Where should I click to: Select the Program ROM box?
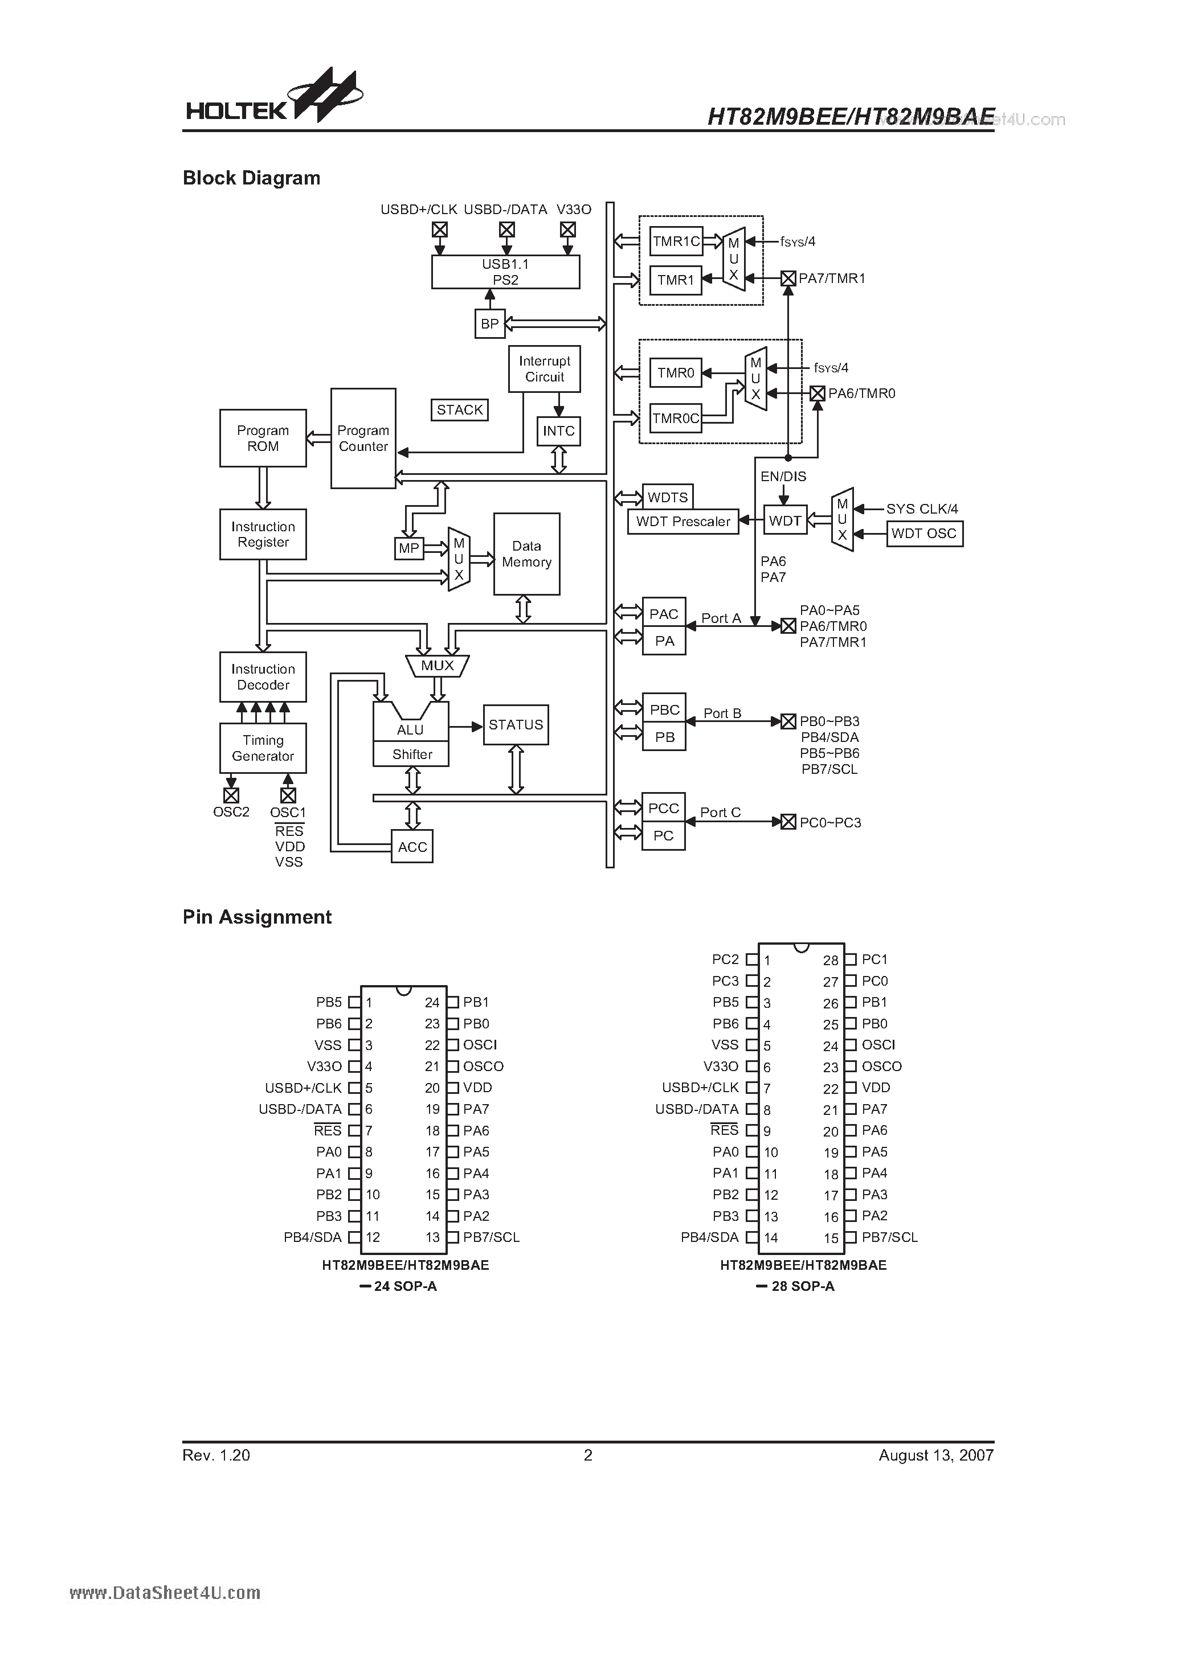263,438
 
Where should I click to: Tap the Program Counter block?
363,438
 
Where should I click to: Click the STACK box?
459,410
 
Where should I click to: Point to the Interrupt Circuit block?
544,369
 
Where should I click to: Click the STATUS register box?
515,724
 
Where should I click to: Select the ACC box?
412,847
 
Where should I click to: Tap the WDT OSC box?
923,534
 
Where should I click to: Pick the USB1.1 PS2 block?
506,273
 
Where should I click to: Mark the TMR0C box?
676,419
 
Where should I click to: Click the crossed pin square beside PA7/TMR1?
788,278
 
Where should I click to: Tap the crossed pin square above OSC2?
231,795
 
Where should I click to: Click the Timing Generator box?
263,748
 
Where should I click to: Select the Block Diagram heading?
251,178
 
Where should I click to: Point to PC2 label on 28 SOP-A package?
725,959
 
